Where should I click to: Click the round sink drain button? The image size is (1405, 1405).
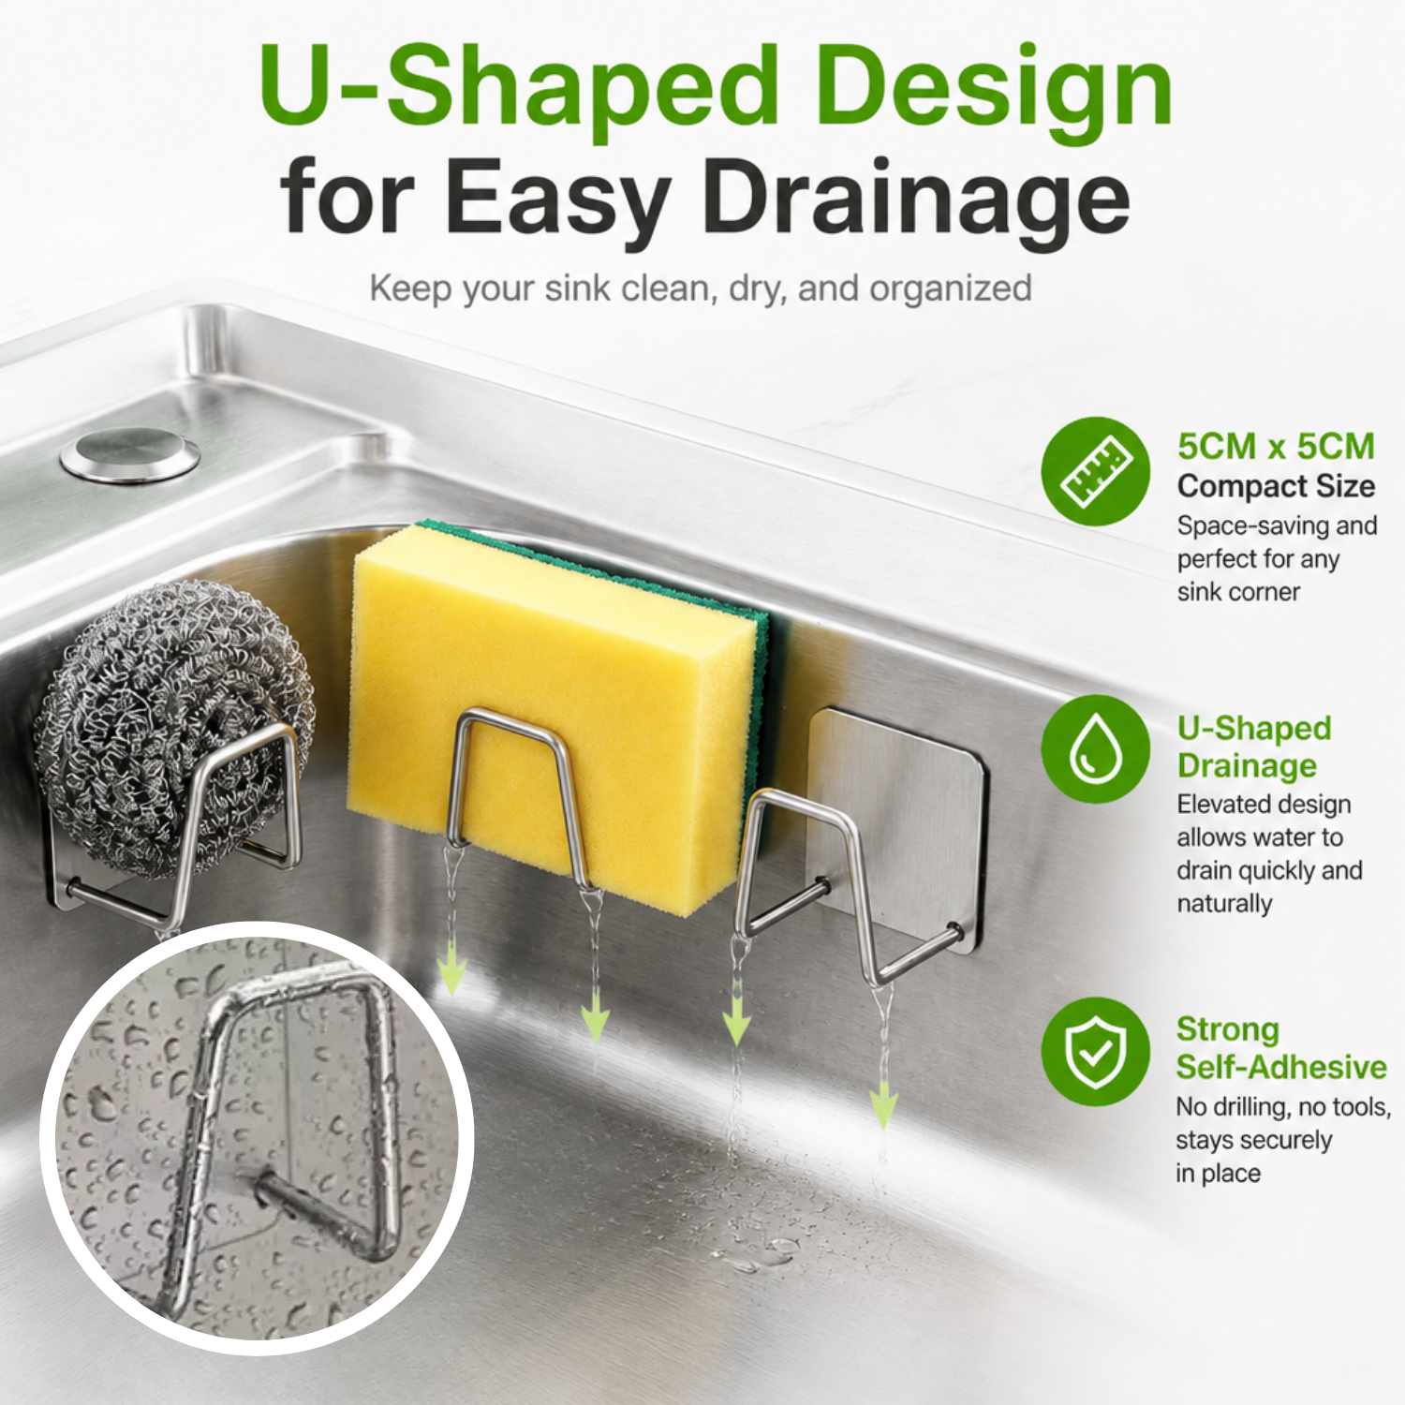(x=129, y=454)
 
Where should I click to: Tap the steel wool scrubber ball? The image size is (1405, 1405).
(x=173, y=726)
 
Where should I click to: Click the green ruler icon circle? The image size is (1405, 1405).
(x=1095, y=471)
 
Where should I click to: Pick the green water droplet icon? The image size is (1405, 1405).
(x=1095, y=748)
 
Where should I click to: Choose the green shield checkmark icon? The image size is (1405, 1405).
(x=1095, y=1051)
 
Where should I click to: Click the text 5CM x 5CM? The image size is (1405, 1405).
(x=1276, y=447)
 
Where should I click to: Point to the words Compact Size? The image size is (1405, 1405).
(x=1276, y=486)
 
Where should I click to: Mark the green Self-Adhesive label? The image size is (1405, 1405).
(x=1281, y=1067)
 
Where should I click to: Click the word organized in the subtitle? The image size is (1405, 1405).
(x=951, y=289)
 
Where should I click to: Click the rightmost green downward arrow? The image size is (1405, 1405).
(x=882, y=1105)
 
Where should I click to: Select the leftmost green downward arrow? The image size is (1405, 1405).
(x=452, y=969)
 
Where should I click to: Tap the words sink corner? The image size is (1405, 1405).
(x=1238, y=592)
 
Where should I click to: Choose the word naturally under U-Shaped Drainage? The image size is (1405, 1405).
(x=1224, y=904)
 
